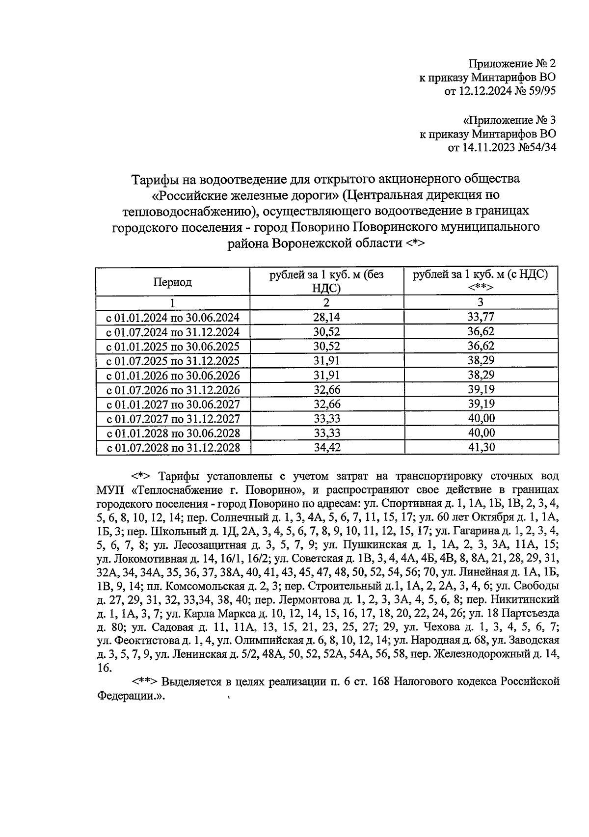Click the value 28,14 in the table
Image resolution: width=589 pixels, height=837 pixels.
(x=326, y=317)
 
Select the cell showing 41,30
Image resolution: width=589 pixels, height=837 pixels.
(x=481, y=447)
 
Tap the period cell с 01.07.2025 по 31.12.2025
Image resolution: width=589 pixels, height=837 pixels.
(x=173, y=361)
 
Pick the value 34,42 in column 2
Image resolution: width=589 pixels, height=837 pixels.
(x=326, y=447)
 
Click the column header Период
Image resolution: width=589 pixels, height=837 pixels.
(x=172, y=282)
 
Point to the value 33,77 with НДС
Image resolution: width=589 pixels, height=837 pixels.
(x=481, y=317)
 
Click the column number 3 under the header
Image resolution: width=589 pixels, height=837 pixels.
(x=481, y=302)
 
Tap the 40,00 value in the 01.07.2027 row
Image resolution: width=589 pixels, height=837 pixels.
(x=481, y=419)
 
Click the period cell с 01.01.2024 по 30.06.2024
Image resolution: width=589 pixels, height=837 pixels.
(x=173, y=318)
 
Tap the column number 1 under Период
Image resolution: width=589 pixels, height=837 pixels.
(x=172, y=302)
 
